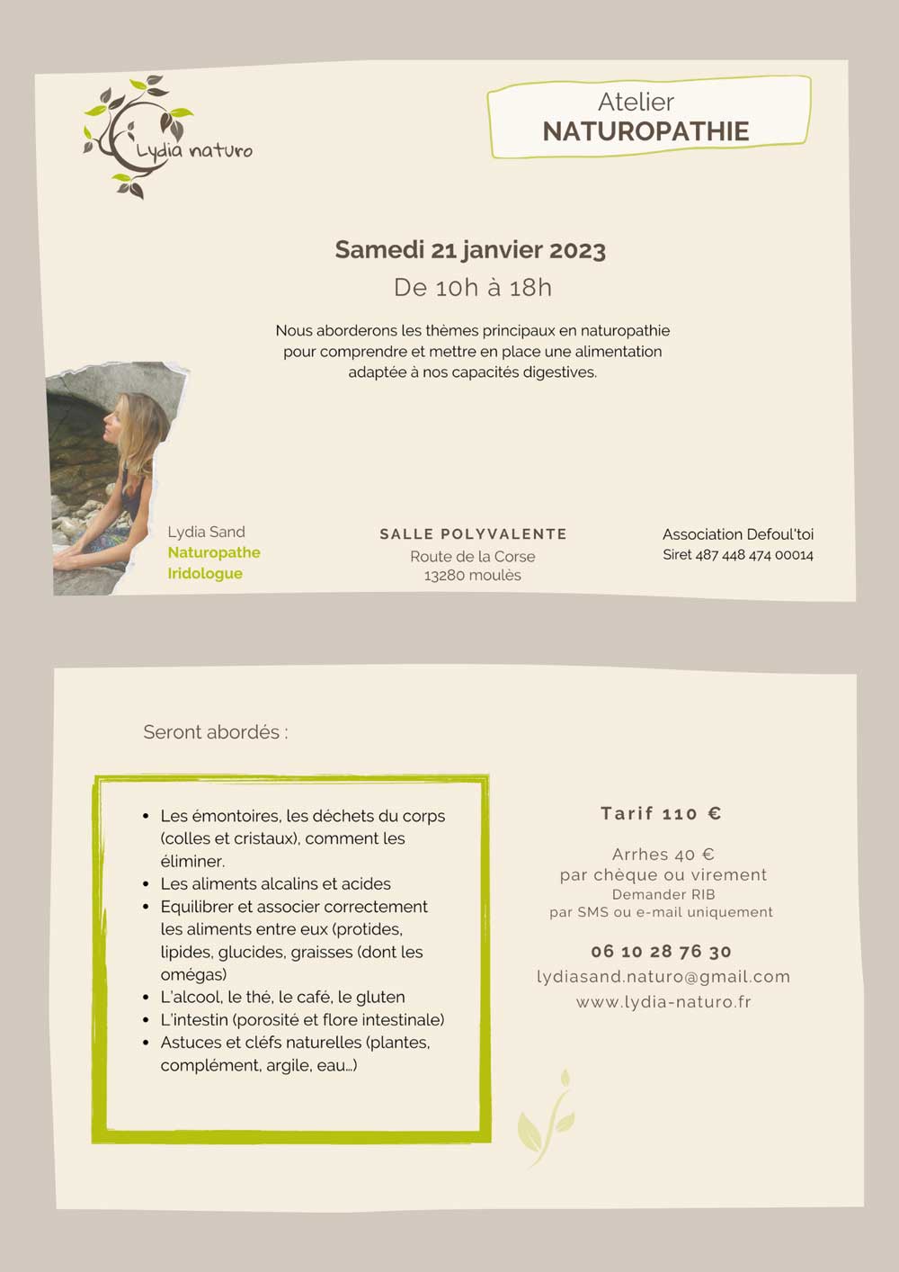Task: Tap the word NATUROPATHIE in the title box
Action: (645, 131)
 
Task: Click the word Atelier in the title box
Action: (636, 102)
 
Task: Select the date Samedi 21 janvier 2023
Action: (470, 250)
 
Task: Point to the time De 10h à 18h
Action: (473, 288)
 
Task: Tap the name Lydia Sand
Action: (206, 532)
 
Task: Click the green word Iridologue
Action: (205, 573)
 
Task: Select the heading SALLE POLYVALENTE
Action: (473, 534)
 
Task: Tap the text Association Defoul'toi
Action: (737, 534)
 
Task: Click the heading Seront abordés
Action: (215, 732)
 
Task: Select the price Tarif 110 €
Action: (661, 813)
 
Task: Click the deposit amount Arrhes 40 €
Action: (663, 854)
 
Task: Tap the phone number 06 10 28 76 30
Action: (661, 951)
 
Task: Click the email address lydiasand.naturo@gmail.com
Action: (663, 976)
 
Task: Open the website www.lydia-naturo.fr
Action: (663, 1001)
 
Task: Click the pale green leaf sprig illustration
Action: (547, 1117)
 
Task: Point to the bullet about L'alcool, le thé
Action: (282, 997)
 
